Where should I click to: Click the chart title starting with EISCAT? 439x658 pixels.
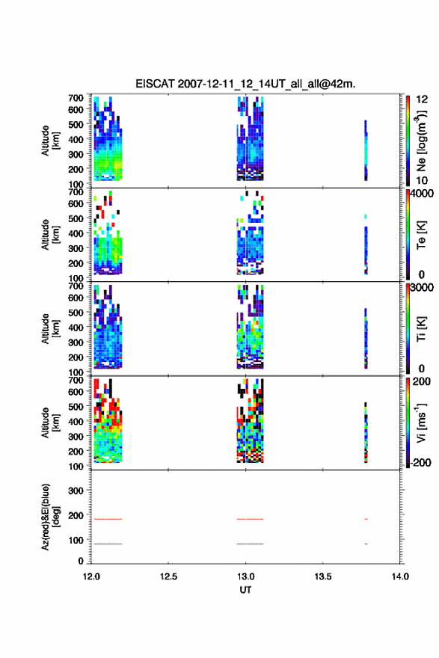tap(245, 84)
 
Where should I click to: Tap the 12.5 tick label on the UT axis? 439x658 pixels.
tap(168, 576)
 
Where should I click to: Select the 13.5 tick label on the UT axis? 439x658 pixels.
tap(323, 576)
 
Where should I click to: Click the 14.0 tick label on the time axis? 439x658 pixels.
tap(400, 576)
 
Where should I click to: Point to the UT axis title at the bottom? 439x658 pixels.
tap(245, 590)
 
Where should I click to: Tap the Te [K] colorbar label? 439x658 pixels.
tap(421, 235)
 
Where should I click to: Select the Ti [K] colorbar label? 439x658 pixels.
tap(421, 328)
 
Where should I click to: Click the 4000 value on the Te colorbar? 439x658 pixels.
tap(422, 194)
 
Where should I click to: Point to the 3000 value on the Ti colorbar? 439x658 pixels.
tap(422, 287)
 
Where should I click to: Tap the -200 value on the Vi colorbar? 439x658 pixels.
tap(420, 462)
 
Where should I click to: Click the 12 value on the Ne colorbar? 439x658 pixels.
tap(422, 99)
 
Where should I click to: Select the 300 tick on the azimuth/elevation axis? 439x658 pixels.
tap(76, 491)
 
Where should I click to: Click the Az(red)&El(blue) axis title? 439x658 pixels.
tap(50, 517)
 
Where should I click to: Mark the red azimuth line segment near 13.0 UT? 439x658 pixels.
tap(250, 519)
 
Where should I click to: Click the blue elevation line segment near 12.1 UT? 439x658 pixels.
tap(108, 544)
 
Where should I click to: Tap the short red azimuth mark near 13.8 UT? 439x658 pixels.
tap(366, 519)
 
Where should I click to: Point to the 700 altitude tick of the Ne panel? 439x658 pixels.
tap(76, 98)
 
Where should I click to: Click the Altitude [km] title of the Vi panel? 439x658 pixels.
tap(50, 422)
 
